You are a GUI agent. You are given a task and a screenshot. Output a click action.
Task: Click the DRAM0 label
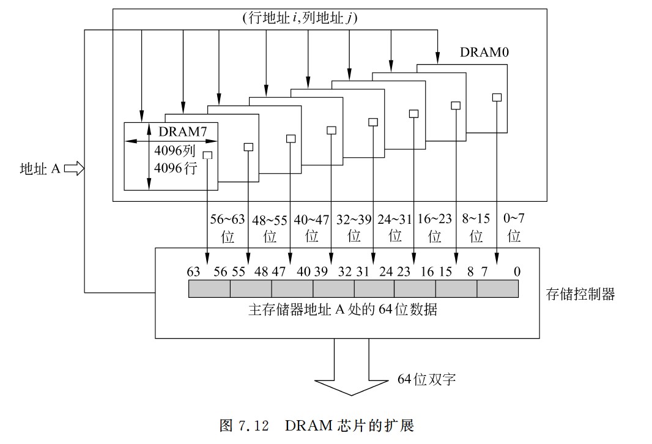pos(484,53)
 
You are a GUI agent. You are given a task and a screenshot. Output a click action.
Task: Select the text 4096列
pos(174,150)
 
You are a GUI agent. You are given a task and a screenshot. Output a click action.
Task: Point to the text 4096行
pos(174,168)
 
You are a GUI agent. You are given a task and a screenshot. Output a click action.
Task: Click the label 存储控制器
pos(580,295)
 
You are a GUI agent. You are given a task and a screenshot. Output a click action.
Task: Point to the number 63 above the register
pos(194,272)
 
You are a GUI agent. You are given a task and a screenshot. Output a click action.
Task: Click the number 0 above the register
pos(517,272)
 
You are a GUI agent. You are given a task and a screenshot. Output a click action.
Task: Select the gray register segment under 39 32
pos(333,289)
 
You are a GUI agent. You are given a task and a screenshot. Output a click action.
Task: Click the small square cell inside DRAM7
pos(208,156)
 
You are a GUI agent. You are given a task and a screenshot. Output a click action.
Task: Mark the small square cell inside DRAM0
pos(497,97)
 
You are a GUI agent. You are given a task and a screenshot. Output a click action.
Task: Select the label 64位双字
pos(426,380)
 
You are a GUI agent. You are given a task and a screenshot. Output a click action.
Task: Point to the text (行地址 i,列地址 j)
pos(300,19)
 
